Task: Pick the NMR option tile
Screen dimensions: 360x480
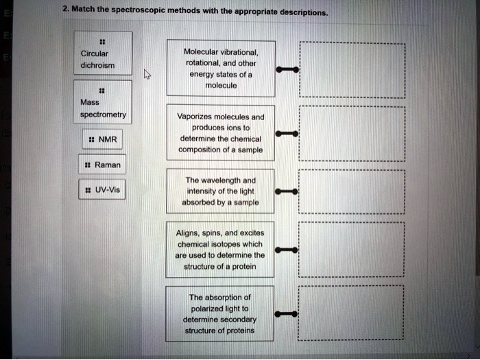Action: point(104,140)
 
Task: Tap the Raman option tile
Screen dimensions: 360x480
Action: point(103,165)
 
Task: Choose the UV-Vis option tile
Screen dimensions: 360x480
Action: point(103,190)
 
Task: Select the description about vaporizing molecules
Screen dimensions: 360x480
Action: point(219,133)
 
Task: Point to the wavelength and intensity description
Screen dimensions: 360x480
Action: point(219,191)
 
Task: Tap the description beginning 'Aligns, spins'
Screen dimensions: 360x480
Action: point(219,250)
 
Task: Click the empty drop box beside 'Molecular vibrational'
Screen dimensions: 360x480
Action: point(352,69)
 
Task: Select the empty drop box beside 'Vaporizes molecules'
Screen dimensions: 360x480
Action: point(352,133)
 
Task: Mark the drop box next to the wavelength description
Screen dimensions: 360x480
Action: point(352,191)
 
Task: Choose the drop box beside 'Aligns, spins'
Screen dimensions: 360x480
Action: point(352,250)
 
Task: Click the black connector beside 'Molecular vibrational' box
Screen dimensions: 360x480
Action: point(287,69)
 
